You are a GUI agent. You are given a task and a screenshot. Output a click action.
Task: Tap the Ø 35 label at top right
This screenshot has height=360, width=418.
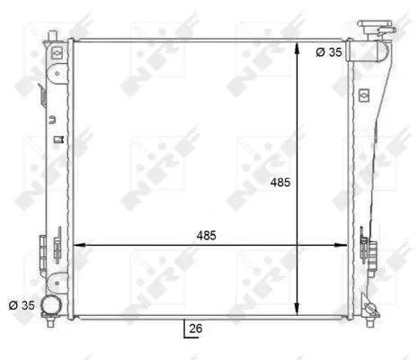pos(328,53)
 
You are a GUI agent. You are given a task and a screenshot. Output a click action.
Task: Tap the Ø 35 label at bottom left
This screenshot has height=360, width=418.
pos(21,305)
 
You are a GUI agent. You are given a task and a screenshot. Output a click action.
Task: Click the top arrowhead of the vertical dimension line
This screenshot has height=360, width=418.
pos(298,45)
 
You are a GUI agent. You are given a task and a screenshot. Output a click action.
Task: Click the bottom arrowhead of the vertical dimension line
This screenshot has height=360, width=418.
pos(298,311)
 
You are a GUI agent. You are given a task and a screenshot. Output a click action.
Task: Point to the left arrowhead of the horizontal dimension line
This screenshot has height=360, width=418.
pos(76,244)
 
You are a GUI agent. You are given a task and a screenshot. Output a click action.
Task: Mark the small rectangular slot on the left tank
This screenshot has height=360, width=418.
pos(57,139)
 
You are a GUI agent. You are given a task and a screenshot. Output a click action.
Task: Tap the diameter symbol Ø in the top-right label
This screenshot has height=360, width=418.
pos(321,53)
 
